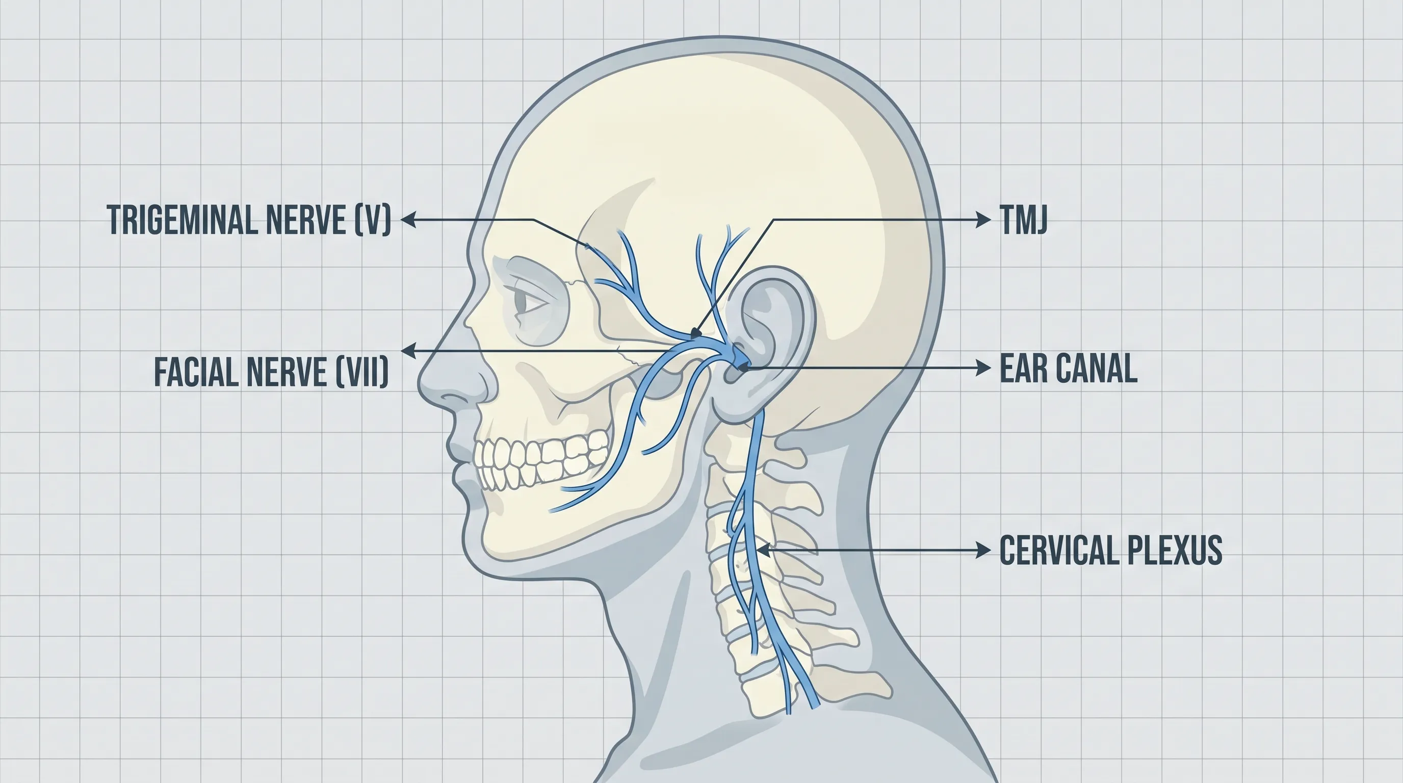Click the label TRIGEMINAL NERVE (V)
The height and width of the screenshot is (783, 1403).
coord(249,220)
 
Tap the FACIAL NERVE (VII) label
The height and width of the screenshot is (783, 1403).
coord(272,372)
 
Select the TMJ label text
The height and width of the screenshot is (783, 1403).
coord(1023,220)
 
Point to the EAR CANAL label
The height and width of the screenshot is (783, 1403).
coord(1069,368)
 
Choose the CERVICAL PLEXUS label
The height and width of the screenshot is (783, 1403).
coord(1111,550)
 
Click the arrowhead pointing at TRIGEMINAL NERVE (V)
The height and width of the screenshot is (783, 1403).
coord(408,220)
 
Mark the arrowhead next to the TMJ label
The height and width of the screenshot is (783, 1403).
coord(983,220)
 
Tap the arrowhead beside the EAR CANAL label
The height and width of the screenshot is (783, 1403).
coord(983,368)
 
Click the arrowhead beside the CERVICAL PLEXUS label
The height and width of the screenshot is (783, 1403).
coord(983,550)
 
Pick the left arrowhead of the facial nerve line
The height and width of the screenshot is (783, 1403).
coord(408,351)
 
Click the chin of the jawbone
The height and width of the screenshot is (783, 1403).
coord(479,536)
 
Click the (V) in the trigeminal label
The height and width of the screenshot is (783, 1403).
coord(373,220)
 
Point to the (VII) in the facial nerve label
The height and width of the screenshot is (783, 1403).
coord(362,372)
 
